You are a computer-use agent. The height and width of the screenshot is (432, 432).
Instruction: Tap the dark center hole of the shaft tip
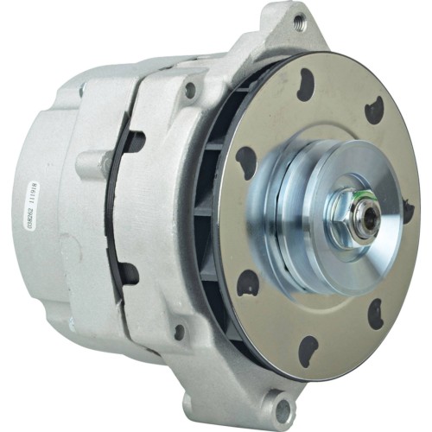371,218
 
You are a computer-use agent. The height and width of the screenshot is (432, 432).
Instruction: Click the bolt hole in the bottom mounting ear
282,403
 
